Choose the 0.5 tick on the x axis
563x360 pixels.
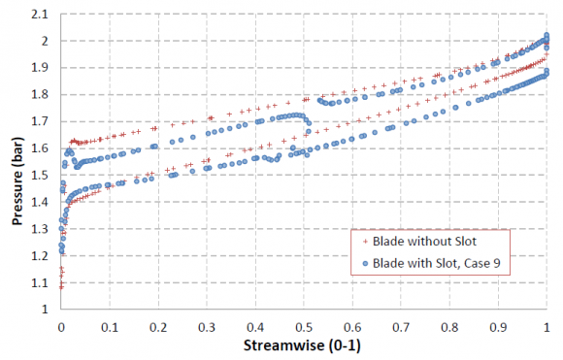(x=304, y=325)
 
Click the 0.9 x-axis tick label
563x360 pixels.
(x=498, y=325)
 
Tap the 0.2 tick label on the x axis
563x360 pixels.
(x=158, y=325)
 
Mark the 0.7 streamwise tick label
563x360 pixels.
(x=401, y=325)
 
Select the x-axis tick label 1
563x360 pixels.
(x=546, y=325)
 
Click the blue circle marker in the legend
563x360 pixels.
(x=364, y=261)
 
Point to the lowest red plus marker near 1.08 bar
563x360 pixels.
(x=61, y=287)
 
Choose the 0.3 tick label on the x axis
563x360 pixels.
(x=207, y=325)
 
